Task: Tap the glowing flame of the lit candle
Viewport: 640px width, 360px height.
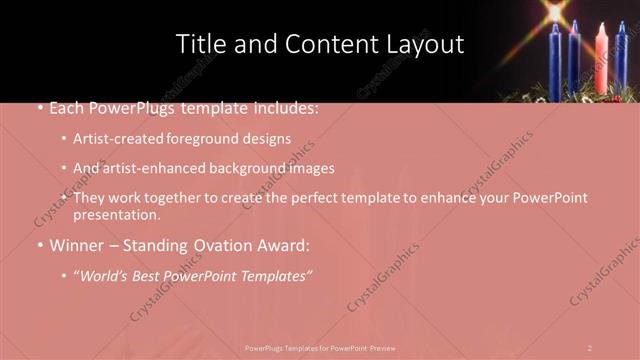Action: (554, 12)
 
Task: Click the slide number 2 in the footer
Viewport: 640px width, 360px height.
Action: (590, 348)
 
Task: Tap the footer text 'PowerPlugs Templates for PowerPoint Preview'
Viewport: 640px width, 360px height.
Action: (320, 348)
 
